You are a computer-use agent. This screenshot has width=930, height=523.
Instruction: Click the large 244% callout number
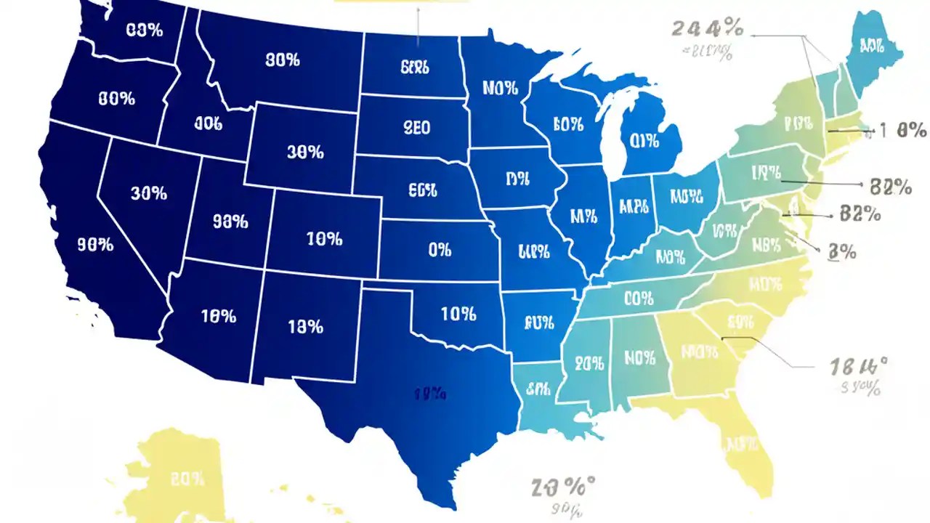[708, 30]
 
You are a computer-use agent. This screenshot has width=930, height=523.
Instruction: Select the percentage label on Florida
[742, 444]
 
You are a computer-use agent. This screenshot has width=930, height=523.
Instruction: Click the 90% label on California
[95, 246]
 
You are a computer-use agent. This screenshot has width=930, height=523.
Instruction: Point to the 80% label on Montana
[282, 61]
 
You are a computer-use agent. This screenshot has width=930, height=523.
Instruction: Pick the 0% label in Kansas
[440, 250]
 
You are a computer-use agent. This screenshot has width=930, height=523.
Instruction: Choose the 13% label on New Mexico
[304, 327]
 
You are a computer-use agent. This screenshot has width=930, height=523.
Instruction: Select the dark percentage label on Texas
[429, 394]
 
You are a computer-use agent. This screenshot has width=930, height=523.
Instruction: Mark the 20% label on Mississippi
[594, 363]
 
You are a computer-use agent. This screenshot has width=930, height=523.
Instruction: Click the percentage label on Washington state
[144, 31]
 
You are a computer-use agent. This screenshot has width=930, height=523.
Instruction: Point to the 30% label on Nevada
[149, 194]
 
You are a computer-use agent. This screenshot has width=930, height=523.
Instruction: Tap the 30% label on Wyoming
[304, 153]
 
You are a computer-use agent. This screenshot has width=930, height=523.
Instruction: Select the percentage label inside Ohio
[687, 196]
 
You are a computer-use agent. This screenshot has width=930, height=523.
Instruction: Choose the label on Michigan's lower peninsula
[644, 140]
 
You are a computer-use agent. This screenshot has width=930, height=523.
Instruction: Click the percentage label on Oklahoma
[458, 315]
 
